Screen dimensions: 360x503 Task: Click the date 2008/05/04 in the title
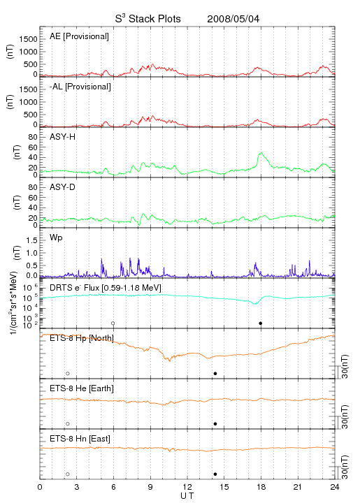click(233, 19)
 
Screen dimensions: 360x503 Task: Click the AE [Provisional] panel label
click(79, 36)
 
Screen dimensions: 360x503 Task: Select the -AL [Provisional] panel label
click(80, 87)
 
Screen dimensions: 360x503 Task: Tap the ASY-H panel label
click(63, 137)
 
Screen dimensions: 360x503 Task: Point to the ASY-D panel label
click(63, 187)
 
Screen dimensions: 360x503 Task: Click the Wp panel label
click(56, 238)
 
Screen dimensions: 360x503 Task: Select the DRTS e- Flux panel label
click(106, 288)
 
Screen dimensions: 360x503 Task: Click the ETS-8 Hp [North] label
click(82, 338)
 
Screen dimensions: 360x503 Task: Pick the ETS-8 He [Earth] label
click(82, 388)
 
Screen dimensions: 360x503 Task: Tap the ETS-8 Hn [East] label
click(80, 439)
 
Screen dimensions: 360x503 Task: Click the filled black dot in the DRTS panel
click(261, 323)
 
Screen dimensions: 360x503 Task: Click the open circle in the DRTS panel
click(113, 323)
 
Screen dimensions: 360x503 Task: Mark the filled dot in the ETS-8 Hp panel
click(215, 373)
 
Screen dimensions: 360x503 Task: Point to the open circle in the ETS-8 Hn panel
click(68, 474)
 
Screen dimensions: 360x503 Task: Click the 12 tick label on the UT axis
click(187, 487)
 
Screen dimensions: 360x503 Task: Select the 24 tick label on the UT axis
click(335, 487)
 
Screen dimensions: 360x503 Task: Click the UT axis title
click(187, 496)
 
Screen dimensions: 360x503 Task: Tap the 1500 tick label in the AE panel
click(28, 39)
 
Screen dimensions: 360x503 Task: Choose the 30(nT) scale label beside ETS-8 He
click(345, 416)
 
